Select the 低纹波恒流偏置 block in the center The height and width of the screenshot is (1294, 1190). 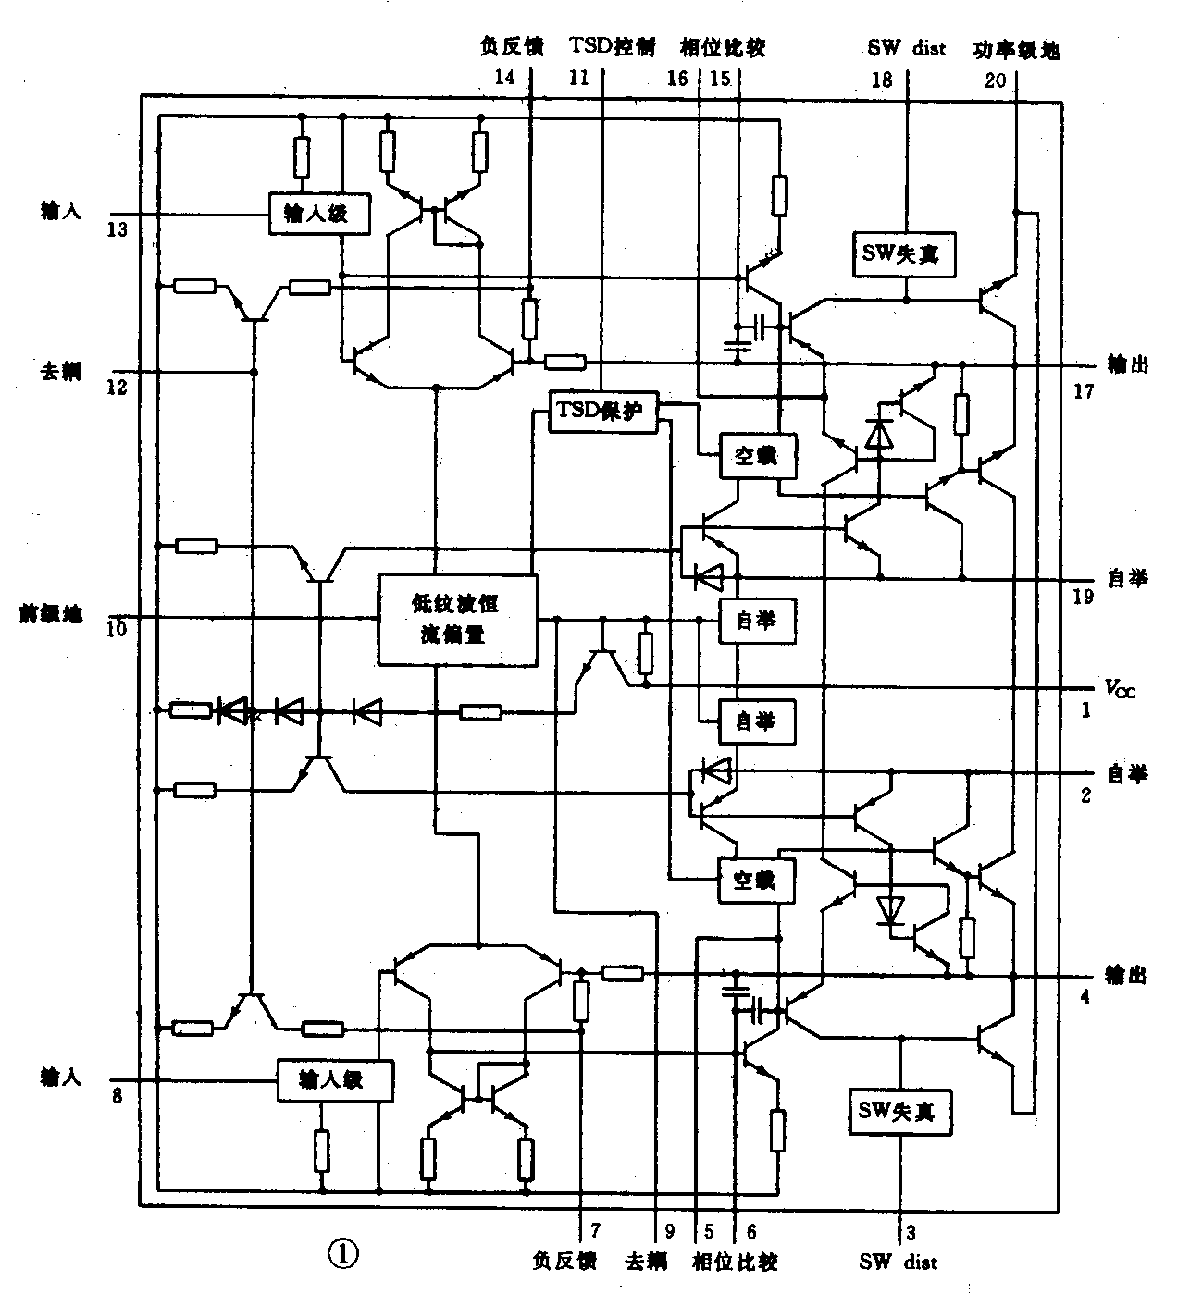[457, 619]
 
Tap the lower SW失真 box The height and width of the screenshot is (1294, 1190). [897, 1110]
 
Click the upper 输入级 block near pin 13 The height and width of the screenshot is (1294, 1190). [319, 214]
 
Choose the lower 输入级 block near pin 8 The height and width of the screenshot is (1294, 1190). [333, 1079]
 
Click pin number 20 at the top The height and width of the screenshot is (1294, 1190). [995, 80]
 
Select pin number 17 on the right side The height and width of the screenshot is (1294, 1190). [1083, 391]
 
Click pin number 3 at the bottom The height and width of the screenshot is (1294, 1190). [911, 1232]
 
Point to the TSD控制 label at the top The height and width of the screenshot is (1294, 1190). [613, 47]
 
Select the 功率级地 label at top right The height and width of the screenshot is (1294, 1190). [1016, 50]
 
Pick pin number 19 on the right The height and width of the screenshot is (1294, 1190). [1084, 597]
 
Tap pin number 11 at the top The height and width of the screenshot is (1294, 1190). [578, 79]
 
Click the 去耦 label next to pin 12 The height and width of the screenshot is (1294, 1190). [61, 371]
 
